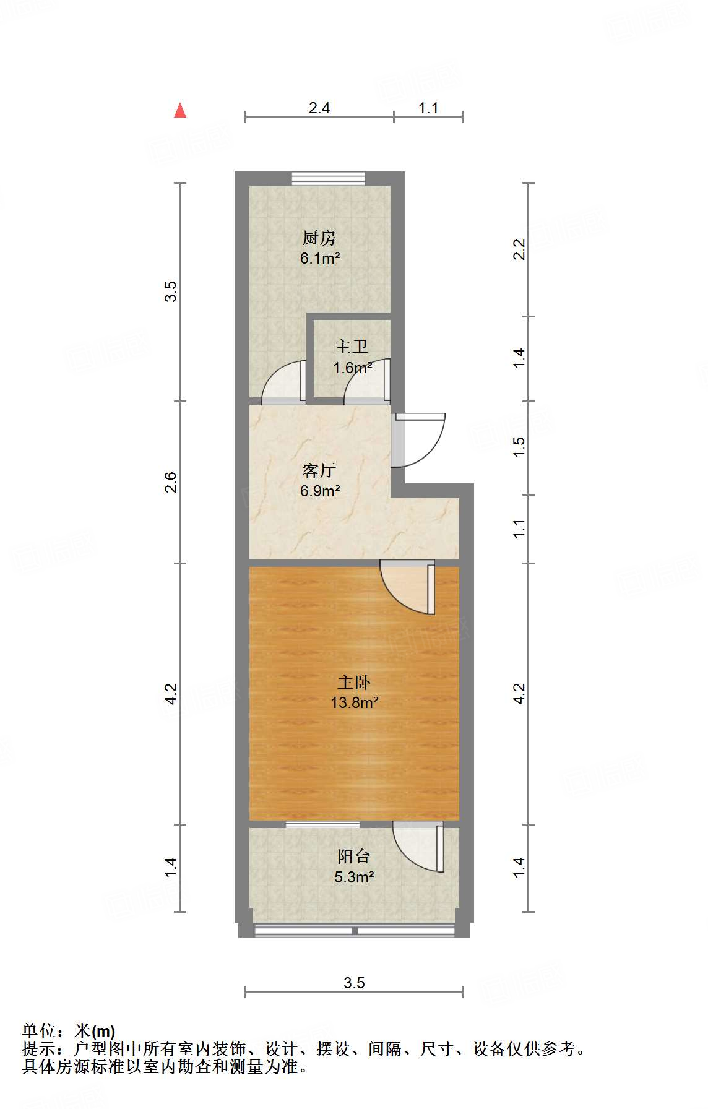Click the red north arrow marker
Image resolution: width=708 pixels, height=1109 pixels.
click(x=180, y=111)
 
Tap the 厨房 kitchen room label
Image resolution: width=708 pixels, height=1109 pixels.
click(x=319, y=238)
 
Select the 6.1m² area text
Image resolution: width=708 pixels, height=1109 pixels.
click(x=320, y=258)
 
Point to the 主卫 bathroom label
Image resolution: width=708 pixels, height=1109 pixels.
click(x=352, y=347)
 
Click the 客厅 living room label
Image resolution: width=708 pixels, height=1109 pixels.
click(x=319, y=471)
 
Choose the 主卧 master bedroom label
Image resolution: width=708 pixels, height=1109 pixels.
click(x=354, y=682)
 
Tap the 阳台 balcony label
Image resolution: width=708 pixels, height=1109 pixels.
click(x=354, y=857)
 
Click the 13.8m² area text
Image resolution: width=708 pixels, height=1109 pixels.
click(x=354, y=702)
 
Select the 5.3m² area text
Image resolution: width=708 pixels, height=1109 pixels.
click(x=354, y=877)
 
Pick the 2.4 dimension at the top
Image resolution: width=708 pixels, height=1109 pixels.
click(x=319, y=108)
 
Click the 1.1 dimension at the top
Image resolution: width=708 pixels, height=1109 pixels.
click(x=428, y=108)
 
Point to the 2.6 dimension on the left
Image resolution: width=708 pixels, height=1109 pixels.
click(x=171, y=482)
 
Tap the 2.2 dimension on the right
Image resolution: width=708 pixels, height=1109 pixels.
click(x=520, y=249)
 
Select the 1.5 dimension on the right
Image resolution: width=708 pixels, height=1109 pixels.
click(x=520, y=447)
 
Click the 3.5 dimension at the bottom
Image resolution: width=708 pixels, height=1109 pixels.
click(x=355, y=983)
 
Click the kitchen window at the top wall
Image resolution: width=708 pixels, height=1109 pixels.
click(x=329, y=178)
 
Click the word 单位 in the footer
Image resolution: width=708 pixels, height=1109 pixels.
click(x=39, y=1030)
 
